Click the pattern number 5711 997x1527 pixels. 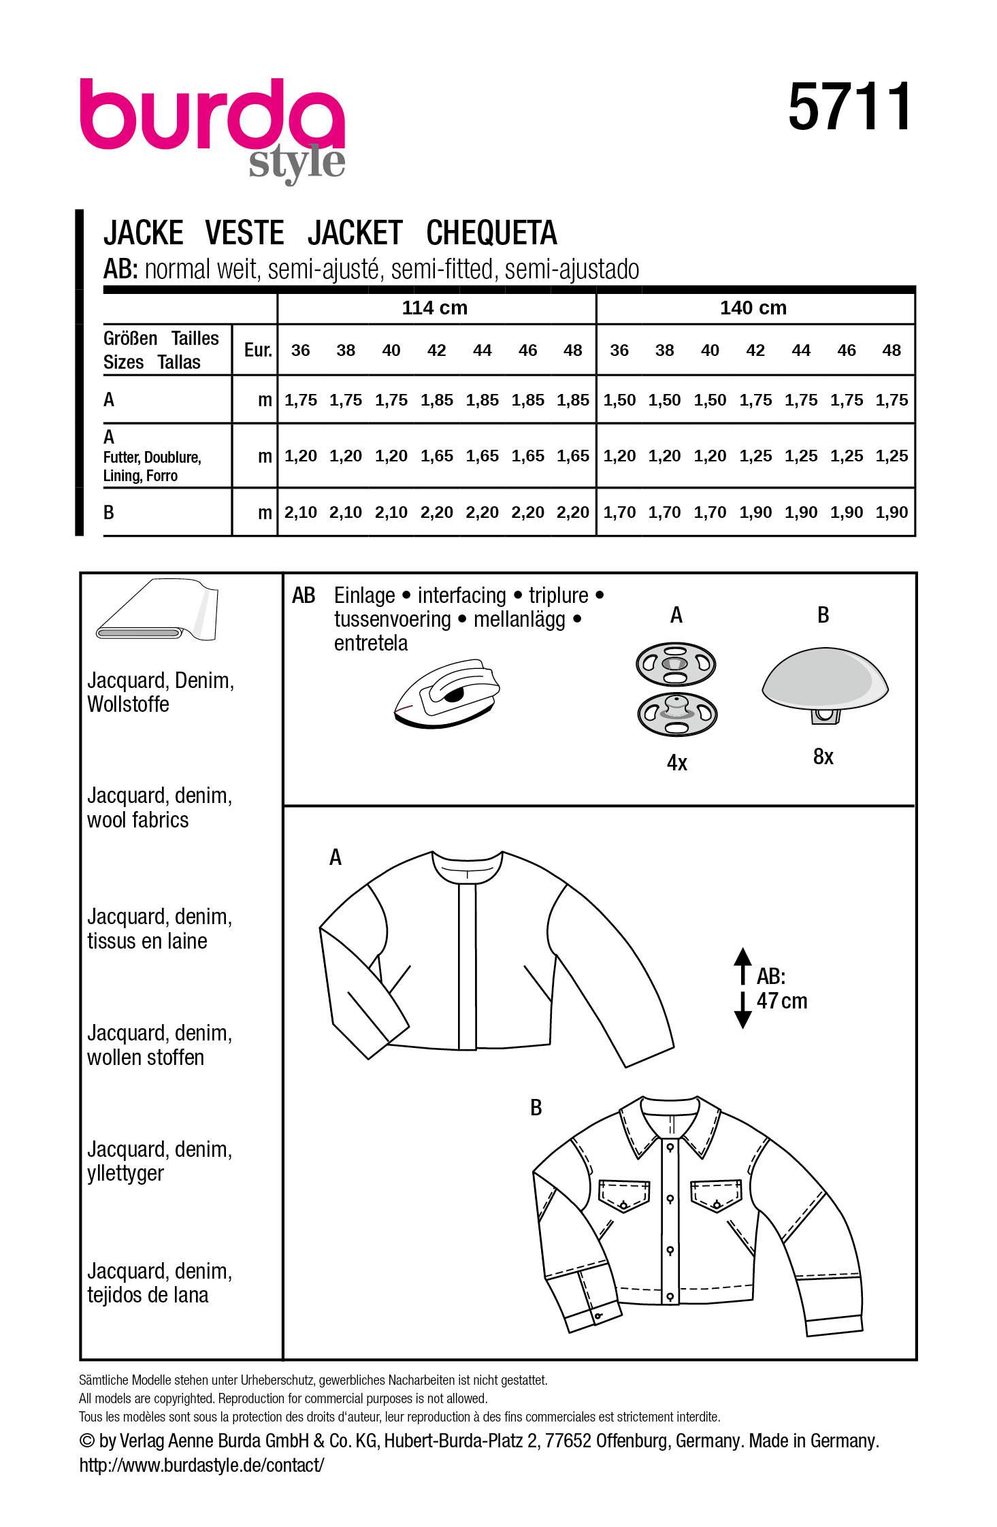[849, 107]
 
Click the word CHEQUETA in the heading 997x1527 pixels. [491, 233]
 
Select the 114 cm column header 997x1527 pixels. [435, 308]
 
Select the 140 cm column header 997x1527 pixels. [753, 308]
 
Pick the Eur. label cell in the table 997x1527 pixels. [258, 350]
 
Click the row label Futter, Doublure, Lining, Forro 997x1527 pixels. [152, 466]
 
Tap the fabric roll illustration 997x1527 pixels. [158, 610]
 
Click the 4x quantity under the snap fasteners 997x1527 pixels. [676, 763]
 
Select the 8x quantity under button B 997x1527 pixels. [823, 757]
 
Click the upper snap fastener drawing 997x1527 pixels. [675, 663]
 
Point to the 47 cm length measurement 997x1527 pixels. [782, 1002]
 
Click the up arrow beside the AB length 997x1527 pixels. [742, 963]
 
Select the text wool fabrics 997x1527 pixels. [137, 820]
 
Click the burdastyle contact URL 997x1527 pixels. [201, 1465]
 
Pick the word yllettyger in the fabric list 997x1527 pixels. [125, 1173]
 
